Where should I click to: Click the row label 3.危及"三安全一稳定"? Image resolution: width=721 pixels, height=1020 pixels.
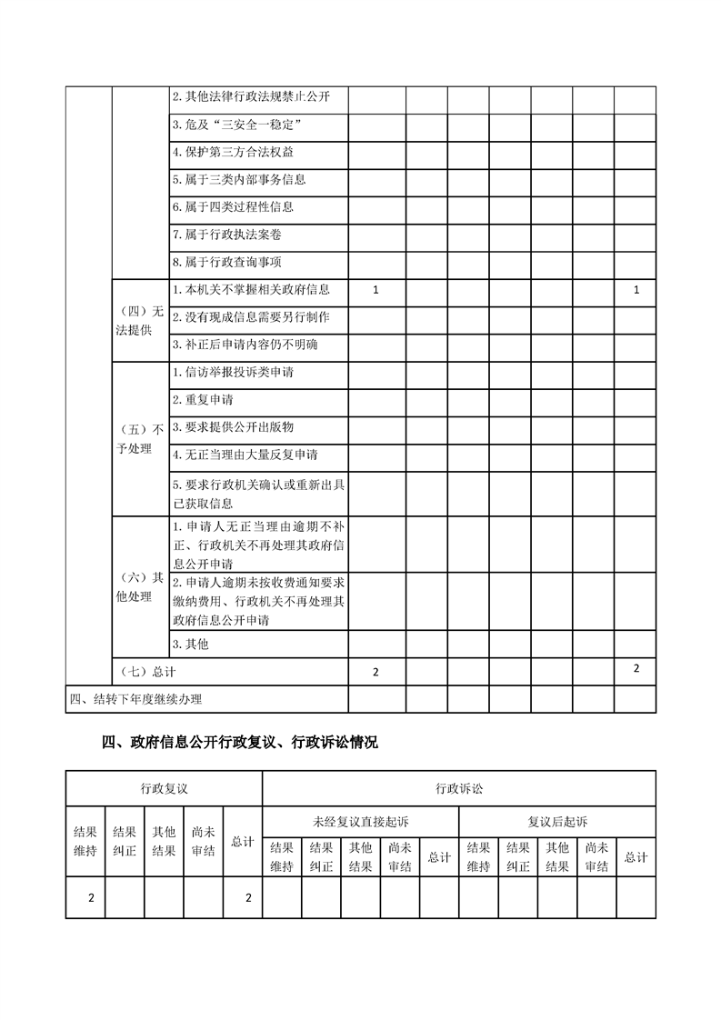point(236,124)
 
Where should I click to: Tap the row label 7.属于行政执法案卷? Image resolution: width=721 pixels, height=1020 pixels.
point(233,235)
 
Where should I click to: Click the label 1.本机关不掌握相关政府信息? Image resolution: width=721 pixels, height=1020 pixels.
point(250,290)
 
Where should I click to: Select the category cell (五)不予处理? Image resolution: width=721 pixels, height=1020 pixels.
point(140,438)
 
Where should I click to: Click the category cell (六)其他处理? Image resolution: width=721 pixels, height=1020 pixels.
point(140,587)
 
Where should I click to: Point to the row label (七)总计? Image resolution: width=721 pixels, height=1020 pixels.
point(148,672)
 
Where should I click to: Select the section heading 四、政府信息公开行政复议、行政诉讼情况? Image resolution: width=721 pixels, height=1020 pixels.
point(239,743)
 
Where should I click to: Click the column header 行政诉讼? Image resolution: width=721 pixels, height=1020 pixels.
point(459,788)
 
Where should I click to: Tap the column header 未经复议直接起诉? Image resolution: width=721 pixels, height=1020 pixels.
point(361,821)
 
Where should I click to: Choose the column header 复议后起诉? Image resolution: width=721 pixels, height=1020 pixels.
point(557,821)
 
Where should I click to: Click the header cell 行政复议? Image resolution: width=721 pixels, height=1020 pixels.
point(164,788)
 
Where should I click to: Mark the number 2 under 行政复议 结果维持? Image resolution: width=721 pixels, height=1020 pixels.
point(91,898)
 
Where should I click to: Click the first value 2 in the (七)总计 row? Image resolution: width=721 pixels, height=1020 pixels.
point(376,672)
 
